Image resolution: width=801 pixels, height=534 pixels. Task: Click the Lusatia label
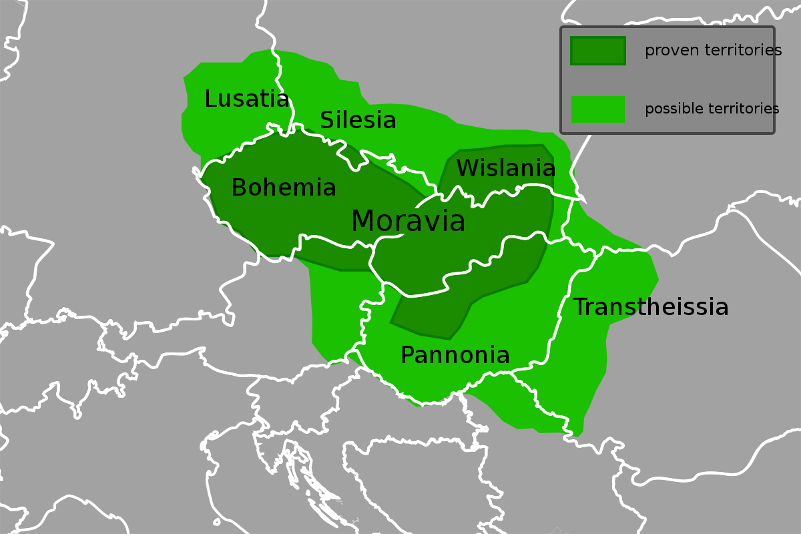(247, 99)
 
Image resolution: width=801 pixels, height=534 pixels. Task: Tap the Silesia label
(358, 121)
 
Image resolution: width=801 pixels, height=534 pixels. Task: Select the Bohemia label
(284, 188)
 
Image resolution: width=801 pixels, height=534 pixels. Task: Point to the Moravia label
(408, 222)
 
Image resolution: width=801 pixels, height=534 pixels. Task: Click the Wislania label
(505, 168)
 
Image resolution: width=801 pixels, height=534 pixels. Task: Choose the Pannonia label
(455, 356)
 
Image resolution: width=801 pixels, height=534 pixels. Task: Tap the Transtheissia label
(650, 308)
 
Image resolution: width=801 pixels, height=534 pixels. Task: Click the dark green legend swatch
(597, 51)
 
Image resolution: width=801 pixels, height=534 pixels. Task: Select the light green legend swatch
(597, 109)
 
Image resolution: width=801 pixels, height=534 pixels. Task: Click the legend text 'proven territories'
(713, 51)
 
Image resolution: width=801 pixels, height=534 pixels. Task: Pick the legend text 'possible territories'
(712, 109)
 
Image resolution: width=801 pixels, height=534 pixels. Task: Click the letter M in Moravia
(364, 222)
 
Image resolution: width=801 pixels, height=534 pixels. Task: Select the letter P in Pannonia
(407, 356)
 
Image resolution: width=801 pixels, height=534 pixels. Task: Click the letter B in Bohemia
(239, 188)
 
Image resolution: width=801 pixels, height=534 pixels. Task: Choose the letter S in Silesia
(327, 121)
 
